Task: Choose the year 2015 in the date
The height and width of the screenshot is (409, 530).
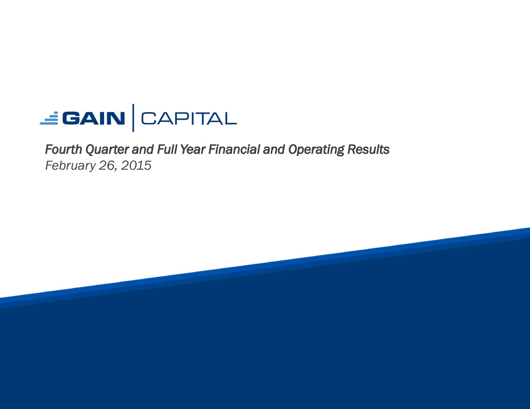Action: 136,165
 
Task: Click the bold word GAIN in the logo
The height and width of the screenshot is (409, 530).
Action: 93,118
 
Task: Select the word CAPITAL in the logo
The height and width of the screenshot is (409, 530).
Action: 189,118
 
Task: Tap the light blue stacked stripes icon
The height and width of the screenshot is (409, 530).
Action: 49,118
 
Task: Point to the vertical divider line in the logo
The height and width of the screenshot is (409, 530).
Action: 133,118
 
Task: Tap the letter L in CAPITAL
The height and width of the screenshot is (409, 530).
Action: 230,118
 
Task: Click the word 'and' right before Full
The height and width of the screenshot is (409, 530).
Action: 143,149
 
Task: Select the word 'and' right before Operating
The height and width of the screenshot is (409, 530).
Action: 274,149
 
